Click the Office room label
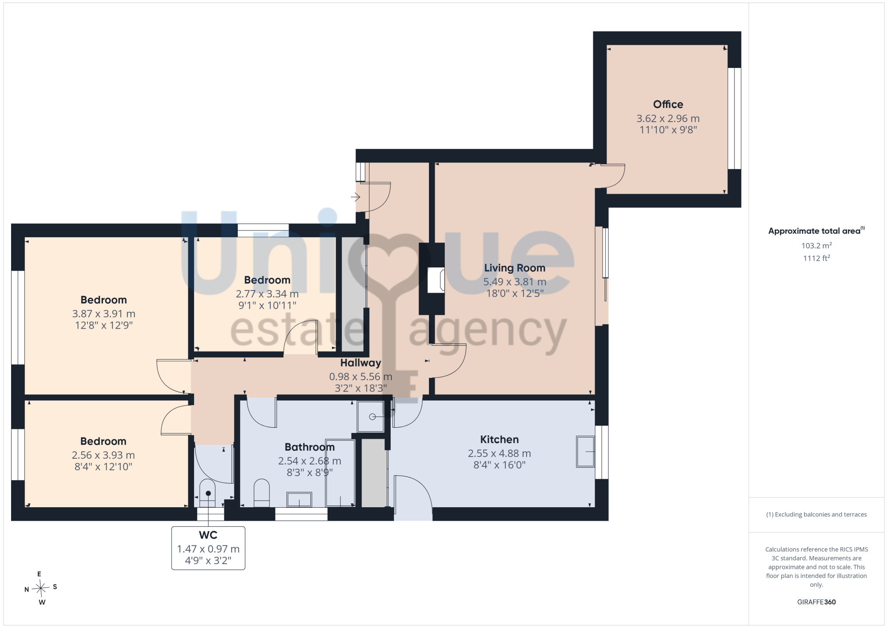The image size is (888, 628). pyautogui.click(x=668, y=104)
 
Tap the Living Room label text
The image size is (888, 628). pyautogui.click(x=515, y=268)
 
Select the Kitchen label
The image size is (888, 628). pyautogui.click(x=499, y=439)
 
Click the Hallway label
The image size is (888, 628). pyautogui.click(x=361, y=363)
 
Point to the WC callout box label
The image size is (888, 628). pyautogui.click(x=208, y=535)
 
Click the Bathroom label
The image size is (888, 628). pyautogui.click(x=309, y=447)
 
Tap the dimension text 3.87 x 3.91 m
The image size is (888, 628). pyautogui.click(x=104, y=314)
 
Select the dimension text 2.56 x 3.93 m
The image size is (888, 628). pyautogui.click(x=103, y=455)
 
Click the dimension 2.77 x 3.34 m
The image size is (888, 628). pyautogui.click(x=267, y=294)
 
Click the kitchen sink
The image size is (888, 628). pyautogui.click(x=585, y=451)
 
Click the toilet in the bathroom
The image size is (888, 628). pyautogui.click(x=262, y=493)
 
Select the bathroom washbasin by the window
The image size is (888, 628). pyautogui.click(x=299, y=499)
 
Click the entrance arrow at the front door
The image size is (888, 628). pyautogui.click(x=355, y=197)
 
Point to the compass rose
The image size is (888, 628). pyautogui.click(x=41, y=588)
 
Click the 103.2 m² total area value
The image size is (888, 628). pyautogui.click(x=817, y=245)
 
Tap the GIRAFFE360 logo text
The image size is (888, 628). pyautogui.click(x=817, y=602)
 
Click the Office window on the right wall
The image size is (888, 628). pyautogui.click(x=734, y=118)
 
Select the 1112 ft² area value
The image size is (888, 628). pyautogui.click(x=817, y=258)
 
